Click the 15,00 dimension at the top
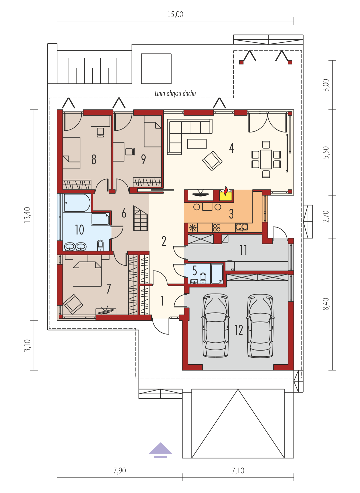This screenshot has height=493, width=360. (x=175, y=15)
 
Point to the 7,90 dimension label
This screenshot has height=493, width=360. (x=120, y=471)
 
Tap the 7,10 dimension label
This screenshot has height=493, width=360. (x=238, y=471)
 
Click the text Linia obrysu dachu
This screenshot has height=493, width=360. (x=175, y=93)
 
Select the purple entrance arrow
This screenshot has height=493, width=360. (x=161, y=450)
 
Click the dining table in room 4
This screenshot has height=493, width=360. (x=266, y=159)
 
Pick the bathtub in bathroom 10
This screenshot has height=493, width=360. (x=77, y=203)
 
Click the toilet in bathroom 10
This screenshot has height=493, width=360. (x=100, y=245)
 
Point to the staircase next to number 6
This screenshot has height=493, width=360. (x=140, y=218)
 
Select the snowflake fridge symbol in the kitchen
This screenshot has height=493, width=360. (x=193, y=228)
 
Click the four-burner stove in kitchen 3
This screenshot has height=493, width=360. (x=217, y=228)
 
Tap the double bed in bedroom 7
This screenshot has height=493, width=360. (x=87, y=274)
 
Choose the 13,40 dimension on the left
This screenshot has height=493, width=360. (x=27, y=215)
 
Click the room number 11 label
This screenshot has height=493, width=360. (x=243, y=250)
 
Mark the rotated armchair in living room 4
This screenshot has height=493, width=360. (x=212, y=161)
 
